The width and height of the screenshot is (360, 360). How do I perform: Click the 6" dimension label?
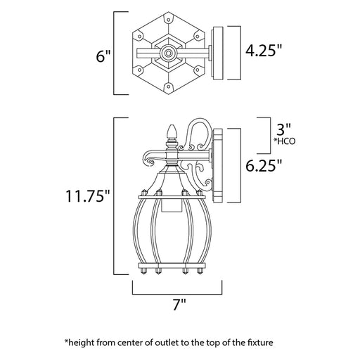103,56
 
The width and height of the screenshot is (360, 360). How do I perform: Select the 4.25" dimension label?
264,50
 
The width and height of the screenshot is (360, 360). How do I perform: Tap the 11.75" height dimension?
88,195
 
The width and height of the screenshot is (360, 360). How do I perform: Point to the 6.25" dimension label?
264,165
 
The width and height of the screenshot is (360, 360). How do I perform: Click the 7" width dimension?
179,304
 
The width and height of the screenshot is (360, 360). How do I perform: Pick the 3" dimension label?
284,129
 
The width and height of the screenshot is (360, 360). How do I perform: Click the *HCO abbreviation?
285,141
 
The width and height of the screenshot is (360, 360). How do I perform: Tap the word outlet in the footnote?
169,342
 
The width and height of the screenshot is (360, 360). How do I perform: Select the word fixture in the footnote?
260,342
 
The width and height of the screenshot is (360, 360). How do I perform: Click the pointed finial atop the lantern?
172,133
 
